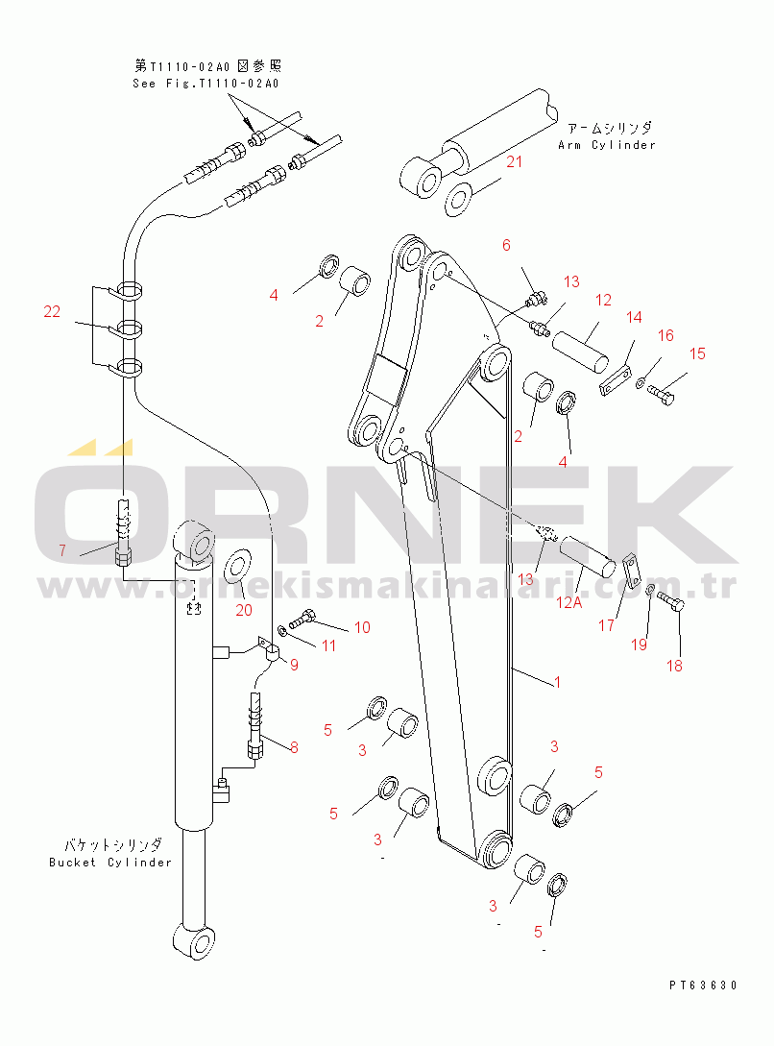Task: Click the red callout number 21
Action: tap(514, 161)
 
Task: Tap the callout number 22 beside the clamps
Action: tap(52, 311)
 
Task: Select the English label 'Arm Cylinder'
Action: tap(607, 145)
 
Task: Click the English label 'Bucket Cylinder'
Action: tap(110, 862)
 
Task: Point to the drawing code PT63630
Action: tap(703, 985)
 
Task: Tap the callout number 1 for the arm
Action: tap(557, 682)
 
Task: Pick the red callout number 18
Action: tap(674, 665)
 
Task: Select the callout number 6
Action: tap(506, 245)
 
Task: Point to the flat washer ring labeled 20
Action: tap(237, 567)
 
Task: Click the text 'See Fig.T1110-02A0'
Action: tap(206, 84)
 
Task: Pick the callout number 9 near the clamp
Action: tap(294, 665)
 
